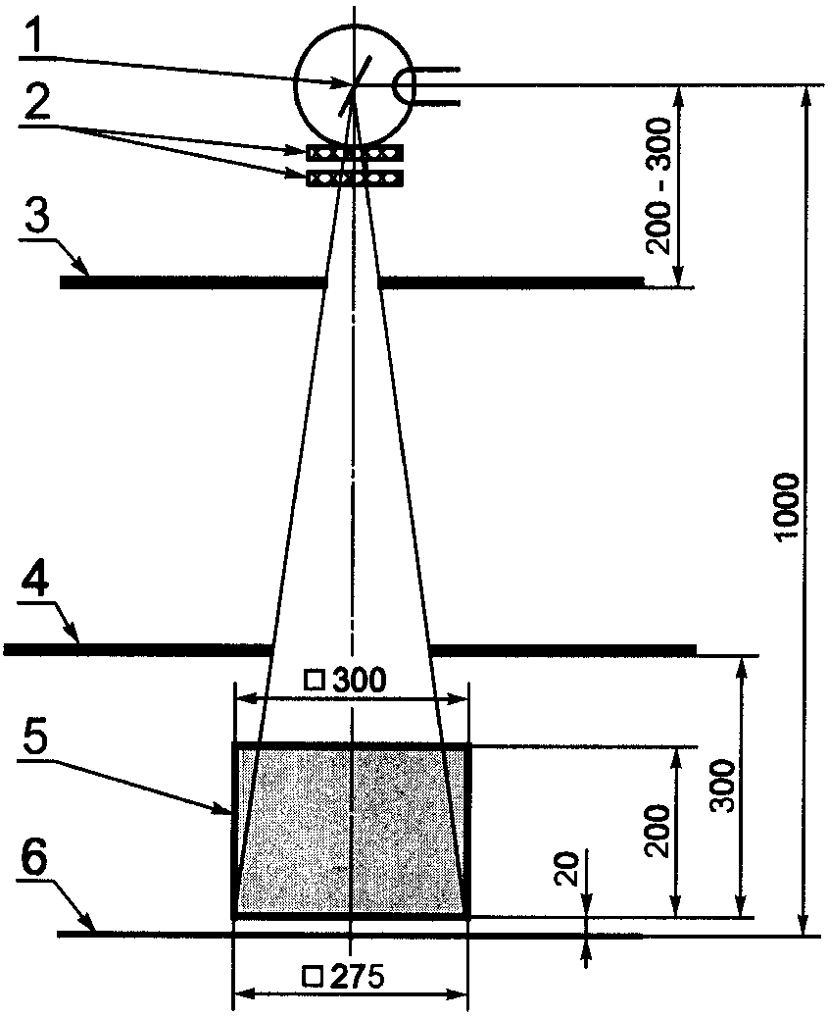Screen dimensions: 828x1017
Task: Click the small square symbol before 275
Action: pyautogui.click(x=313, y=977)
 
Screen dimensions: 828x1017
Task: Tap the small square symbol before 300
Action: pyautogui.click(x=315, y=679)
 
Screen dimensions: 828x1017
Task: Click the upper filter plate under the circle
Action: pyautogui.click(x=354, y=153)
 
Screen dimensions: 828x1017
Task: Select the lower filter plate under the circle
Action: pyautogui.click(x=354, y=178)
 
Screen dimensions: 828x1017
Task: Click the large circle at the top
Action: pyautogui.click(x=323, y=59)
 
